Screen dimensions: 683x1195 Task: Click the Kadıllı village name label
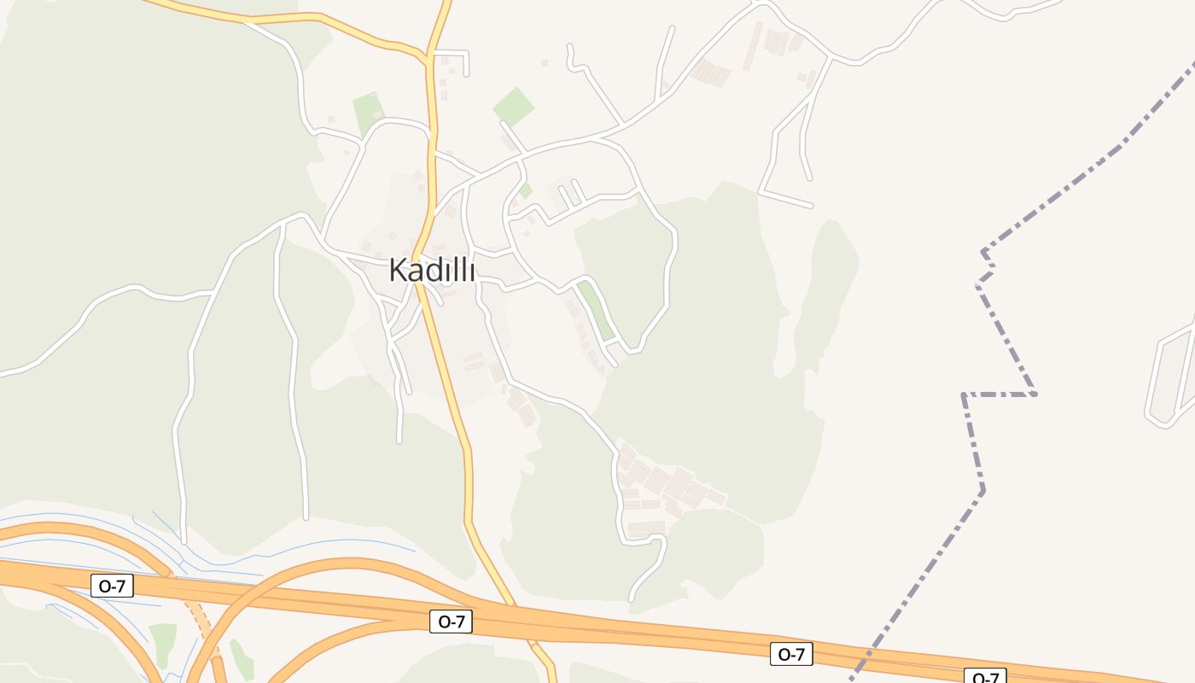(432, 270)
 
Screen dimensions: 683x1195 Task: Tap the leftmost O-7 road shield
(112, 586)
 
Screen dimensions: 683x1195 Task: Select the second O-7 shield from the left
(451, 621)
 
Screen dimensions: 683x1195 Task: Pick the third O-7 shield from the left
(791, 654)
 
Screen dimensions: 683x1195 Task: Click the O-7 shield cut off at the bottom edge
(985, 677)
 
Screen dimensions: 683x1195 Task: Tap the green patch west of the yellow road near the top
(368, 112)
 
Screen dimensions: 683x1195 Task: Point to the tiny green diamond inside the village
(526, 190)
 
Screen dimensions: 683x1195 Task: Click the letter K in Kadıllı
(397, 270)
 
